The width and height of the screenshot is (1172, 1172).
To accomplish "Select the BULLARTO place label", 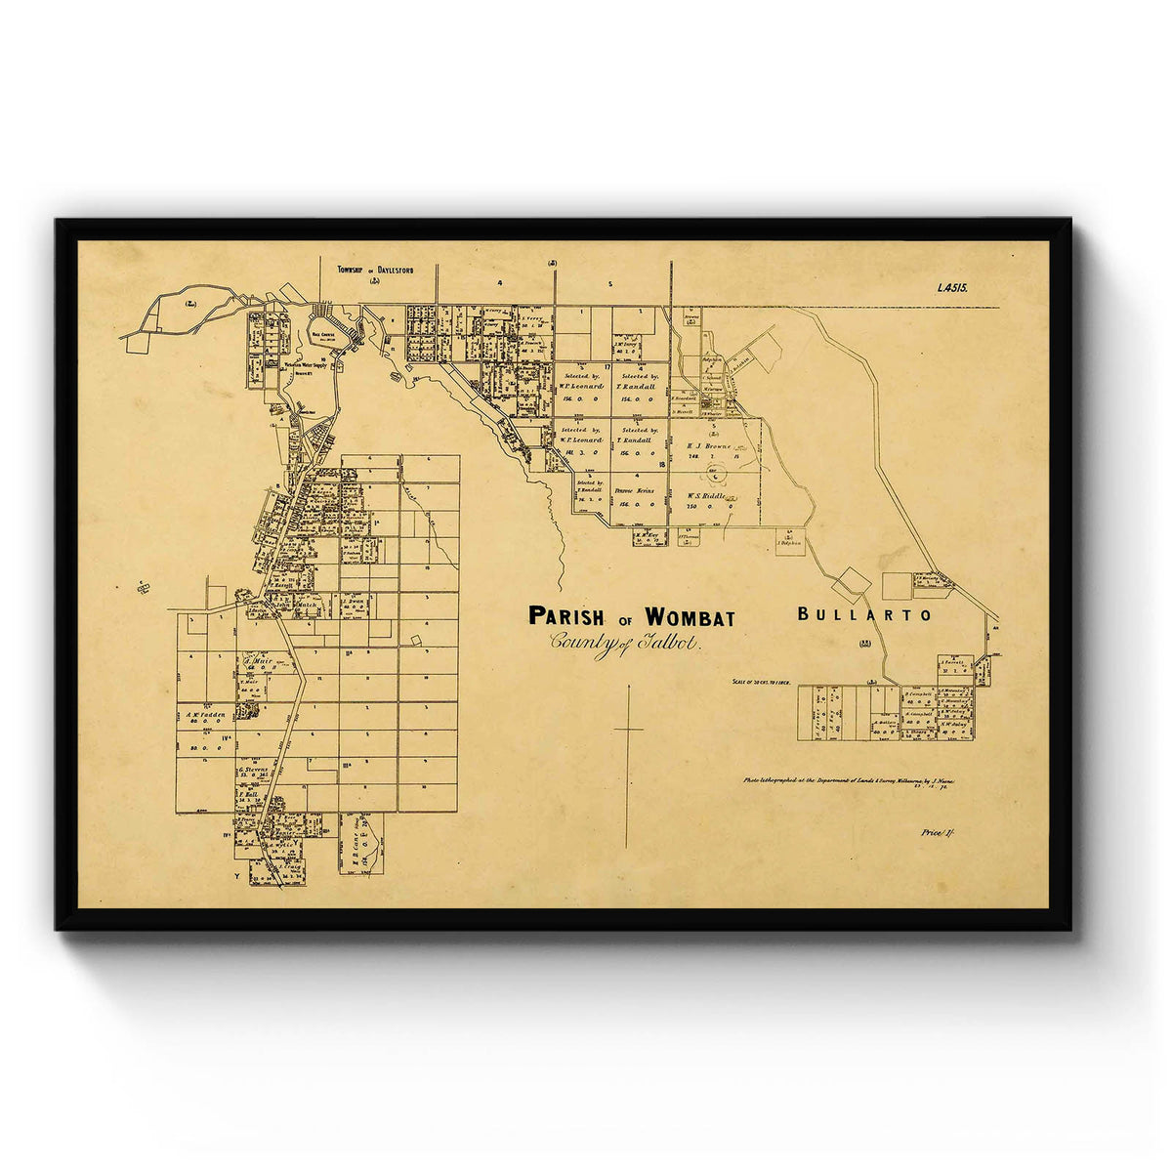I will click(864, 615).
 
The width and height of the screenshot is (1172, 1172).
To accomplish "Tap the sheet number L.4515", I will click(951, 288).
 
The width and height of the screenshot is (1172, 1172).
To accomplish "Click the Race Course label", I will click(324, 333).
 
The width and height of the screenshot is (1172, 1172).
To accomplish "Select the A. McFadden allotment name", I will click(205, 714).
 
